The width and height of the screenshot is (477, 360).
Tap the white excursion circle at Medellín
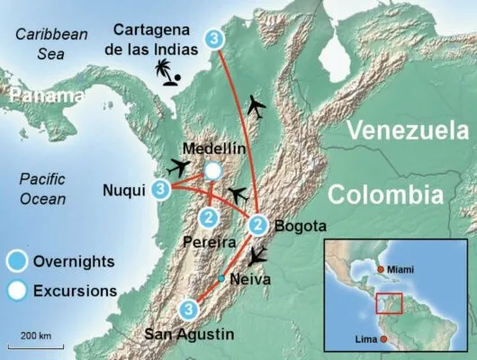tap(212, 170)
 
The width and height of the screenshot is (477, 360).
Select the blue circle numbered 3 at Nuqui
tap(161, 189)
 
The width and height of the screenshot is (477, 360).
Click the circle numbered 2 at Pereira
tap(209, 217)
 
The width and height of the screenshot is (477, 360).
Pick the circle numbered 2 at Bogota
tap(258, 224)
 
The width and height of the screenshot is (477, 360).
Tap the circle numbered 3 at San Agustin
tap(188, 310)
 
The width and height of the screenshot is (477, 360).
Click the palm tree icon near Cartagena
tap(166, 71)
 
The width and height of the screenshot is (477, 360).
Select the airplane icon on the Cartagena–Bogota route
tap(257, 107)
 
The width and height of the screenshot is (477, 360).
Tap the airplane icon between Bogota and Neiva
tap(260, 255)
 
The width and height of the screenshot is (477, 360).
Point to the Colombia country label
tap(385, 195)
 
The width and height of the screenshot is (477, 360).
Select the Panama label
tap(42, 94)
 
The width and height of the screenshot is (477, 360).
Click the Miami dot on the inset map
tap(382, 269)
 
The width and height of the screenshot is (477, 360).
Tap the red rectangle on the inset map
tap(388, 305)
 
